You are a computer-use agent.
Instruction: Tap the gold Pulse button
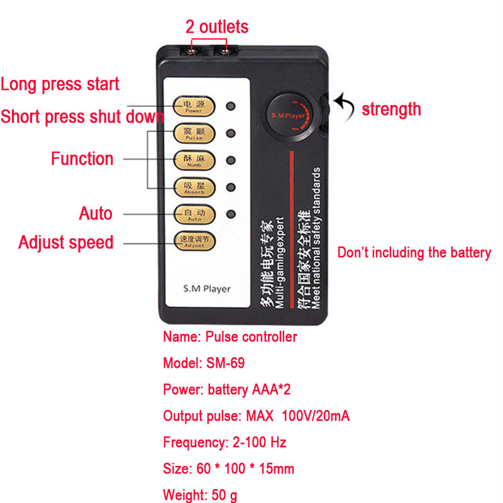click(194, 133)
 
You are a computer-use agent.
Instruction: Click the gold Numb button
click(194, 160)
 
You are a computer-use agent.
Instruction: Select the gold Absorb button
click(194, 187)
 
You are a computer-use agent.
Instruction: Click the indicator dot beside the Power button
click(231, 106)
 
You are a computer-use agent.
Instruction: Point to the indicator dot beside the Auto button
click(231, 213)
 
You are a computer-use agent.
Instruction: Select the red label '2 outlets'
click(216, 27)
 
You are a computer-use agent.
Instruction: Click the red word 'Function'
click(82, 158)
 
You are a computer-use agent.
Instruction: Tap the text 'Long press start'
click(60, 84)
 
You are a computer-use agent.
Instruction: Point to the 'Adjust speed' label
click(66, 242)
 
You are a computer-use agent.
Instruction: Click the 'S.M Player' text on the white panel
click(206, 289)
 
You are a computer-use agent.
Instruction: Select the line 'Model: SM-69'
click(204, 363)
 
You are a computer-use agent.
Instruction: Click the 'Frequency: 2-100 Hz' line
click(224, 442)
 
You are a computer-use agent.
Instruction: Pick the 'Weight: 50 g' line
click(200, 495)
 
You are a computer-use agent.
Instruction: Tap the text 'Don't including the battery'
click(414, 253)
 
